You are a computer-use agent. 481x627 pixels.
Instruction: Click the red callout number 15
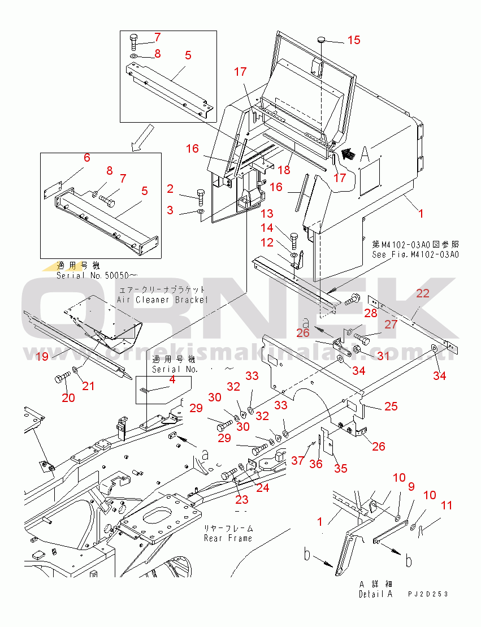[x=353, y=40]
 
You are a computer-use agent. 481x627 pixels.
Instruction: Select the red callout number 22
[x=423, y=293]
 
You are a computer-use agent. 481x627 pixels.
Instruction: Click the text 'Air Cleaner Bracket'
[x=162, y=300]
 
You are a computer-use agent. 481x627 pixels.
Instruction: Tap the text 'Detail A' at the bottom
[x=375, y=594]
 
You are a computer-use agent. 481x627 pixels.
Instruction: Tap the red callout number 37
[x=298, y=461]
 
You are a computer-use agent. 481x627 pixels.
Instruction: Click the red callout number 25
[x=391, y=406]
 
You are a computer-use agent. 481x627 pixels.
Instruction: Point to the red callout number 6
[x=87, y=158]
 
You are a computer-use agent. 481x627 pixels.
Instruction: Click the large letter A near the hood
[x=366, y=153]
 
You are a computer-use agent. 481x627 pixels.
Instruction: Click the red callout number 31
[x=383, y=355]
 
